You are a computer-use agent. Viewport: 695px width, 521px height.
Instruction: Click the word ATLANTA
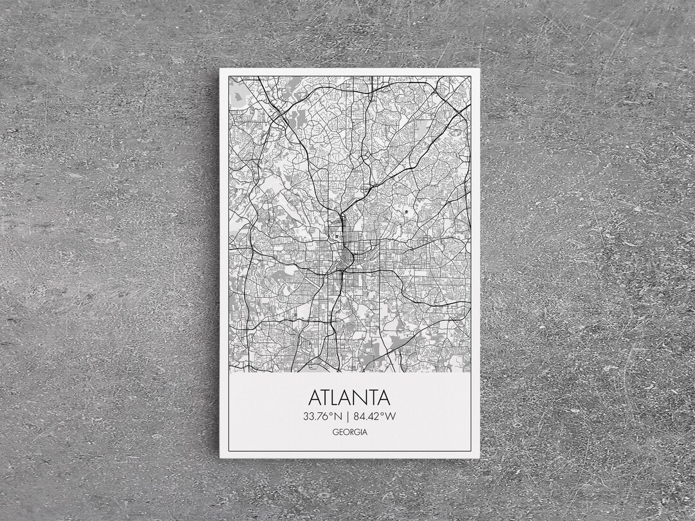(349, 397)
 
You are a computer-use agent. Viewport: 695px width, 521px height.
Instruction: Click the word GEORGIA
(350, 432)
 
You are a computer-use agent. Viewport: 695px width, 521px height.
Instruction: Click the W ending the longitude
(391, 416)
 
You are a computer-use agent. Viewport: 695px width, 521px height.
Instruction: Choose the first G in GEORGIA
(335, 432)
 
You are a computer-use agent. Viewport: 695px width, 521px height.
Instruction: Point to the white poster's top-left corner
(220, 69)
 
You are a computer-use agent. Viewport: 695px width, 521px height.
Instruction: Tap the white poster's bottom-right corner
(479, 457)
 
